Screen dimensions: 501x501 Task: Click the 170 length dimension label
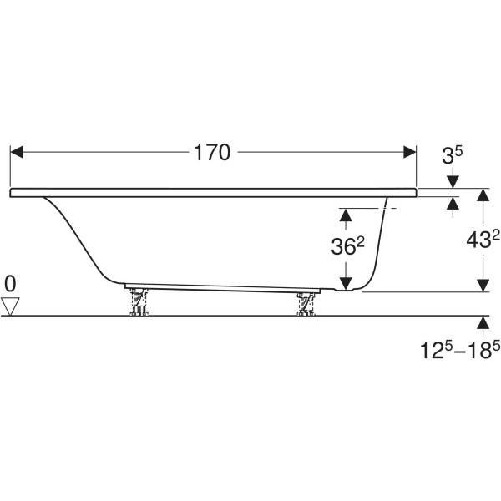[211, 153]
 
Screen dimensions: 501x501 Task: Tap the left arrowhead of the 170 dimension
[17, 152]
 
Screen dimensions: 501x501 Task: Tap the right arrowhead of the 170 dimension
[410, 152]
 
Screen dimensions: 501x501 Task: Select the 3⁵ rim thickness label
[452, 155]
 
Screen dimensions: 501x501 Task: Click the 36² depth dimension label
[348, 246]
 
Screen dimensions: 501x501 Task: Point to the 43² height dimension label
[483, 240]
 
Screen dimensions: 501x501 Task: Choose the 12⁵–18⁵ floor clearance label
[459, 350]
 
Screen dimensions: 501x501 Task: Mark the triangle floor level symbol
[10, 306]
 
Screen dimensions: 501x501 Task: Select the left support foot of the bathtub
[139, 302]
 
